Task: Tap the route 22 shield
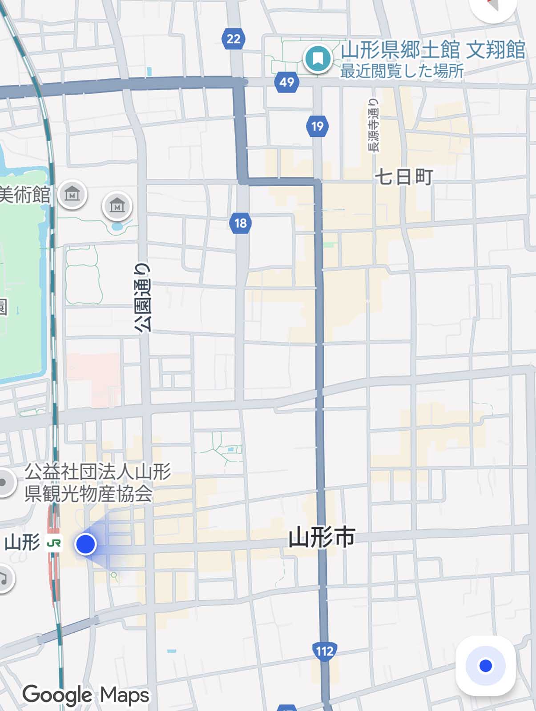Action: [x=234, y=39]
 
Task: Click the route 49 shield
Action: [x=286, y=82]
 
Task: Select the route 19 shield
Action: [x=317, y=126]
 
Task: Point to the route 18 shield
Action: [x=241, y=223]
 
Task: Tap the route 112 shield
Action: [x=324, y=651]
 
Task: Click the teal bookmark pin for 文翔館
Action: [x=318, y=59]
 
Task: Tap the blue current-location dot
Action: [x=85, y=543]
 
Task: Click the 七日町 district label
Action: [x=404, y=177]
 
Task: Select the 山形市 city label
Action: [x=322, y=537]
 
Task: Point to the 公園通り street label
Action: [x=143, y=298]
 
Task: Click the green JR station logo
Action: [x=54, y=543]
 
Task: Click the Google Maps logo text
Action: [x=86, y=695]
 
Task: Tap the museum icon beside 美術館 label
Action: [x=72, y=194]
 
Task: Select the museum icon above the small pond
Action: [x=117, y=206]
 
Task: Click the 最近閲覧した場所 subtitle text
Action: [x=402, y=71]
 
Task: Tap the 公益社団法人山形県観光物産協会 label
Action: [x=97, y=483]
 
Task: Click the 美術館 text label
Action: [x=25, y=195]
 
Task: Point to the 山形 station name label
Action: [x=22, y=543]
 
